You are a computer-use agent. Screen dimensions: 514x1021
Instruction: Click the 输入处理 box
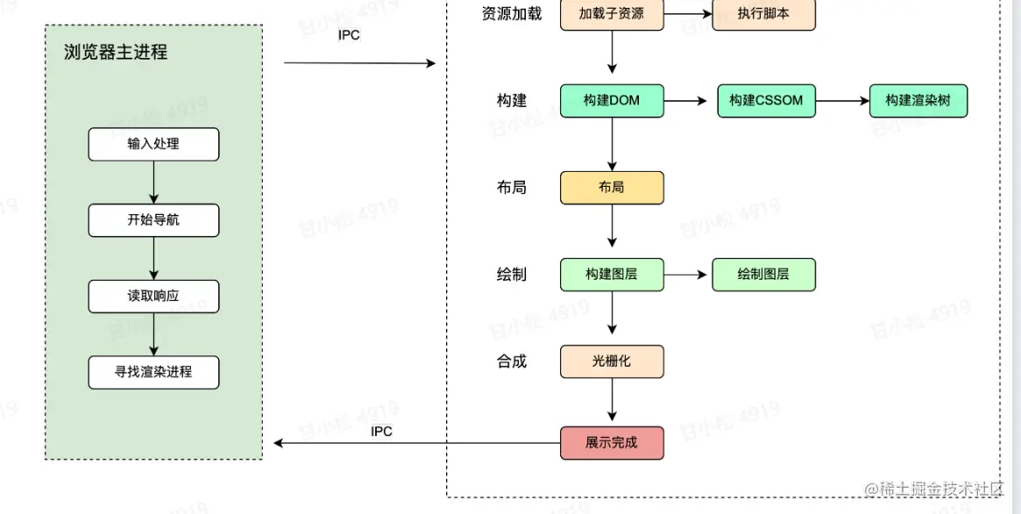[x=153, y=144]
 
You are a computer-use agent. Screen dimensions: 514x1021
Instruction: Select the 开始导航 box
[x=153, y=220]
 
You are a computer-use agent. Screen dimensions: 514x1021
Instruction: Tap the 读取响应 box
[x=153, y=296]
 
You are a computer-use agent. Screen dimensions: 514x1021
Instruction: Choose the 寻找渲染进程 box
[x=153, y=372]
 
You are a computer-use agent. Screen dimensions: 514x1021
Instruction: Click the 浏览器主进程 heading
[x=116, y=52]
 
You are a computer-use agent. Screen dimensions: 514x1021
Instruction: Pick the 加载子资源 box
[x=612, y=15]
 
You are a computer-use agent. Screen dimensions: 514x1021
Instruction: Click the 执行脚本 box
[x=763, y=15]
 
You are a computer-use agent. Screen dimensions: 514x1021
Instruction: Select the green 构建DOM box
[x=612, y=101]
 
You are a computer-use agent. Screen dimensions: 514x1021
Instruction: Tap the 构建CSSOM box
[x=766, y=101]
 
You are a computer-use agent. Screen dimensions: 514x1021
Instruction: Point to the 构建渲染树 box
[x=918, y=101]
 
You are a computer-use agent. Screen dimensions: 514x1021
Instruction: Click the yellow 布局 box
[x=612, y=188]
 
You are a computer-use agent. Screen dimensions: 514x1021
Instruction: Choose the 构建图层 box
[x=612, y=275]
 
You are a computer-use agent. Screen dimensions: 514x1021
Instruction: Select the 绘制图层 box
[x=763, y=275]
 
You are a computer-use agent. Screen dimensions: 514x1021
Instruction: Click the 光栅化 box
[x=612, y=361]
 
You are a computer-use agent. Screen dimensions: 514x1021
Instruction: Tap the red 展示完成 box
[x=612, y=443]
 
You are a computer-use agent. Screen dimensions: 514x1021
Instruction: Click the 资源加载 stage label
[x=512, y=14]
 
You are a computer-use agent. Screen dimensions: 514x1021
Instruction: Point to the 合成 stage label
[x=512, y=361]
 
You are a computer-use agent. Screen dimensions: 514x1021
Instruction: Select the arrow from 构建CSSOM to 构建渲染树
[x=841, y=101]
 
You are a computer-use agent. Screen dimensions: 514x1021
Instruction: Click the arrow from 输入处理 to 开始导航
[x=153, y=182]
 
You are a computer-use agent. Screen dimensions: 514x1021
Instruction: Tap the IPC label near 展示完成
[x=381, y=431]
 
